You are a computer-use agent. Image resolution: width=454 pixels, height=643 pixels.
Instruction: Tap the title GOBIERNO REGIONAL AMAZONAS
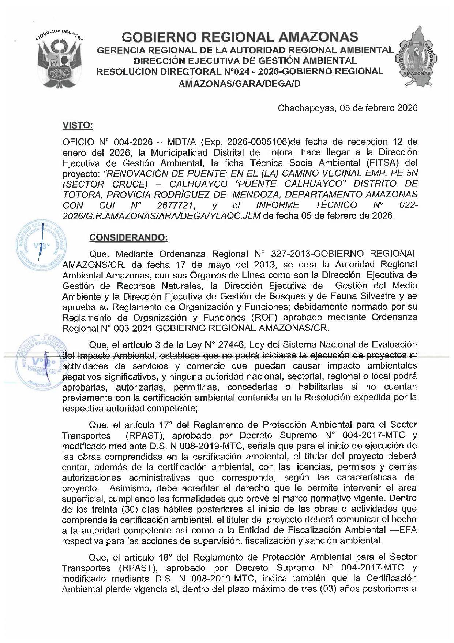[x=240, y=37]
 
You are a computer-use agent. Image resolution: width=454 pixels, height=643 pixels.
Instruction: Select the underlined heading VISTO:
[x=78, y=126]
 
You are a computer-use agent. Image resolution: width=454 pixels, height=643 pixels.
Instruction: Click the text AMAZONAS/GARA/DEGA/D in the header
[x=239, y=84]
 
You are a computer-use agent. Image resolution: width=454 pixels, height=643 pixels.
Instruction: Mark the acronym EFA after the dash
[x=408, y=530]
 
